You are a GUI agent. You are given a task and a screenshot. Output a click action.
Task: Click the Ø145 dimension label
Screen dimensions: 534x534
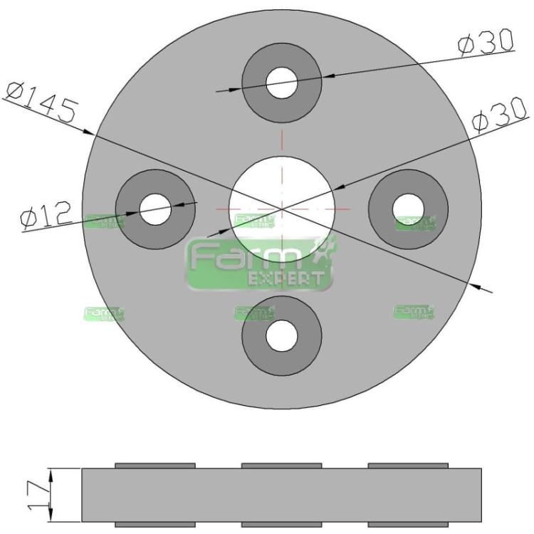pos(41,101)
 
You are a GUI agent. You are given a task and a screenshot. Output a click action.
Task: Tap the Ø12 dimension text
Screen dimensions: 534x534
pos(46,214)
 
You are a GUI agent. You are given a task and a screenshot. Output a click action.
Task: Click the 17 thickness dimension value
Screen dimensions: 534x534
pos(36,495)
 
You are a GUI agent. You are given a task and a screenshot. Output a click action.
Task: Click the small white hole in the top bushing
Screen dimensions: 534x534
pos(282,83)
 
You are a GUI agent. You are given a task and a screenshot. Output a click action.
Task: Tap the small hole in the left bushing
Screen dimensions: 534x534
pos(155,209)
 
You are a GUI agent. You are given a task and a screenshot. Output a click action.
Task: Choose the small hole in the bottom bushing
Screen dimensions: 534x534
pos(282,335)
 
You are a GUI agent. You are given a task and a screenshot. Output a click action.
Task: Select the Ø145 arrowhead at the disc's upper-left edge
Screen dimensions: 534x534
pos(90,132)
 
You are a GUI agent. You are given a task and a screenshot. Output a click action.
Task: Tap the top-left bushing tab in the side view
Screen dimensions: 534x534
pos(155,465)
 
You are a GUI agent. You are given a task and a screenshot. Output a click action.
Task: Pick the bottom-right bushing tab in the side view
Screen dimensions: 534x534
pos(408,525)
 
